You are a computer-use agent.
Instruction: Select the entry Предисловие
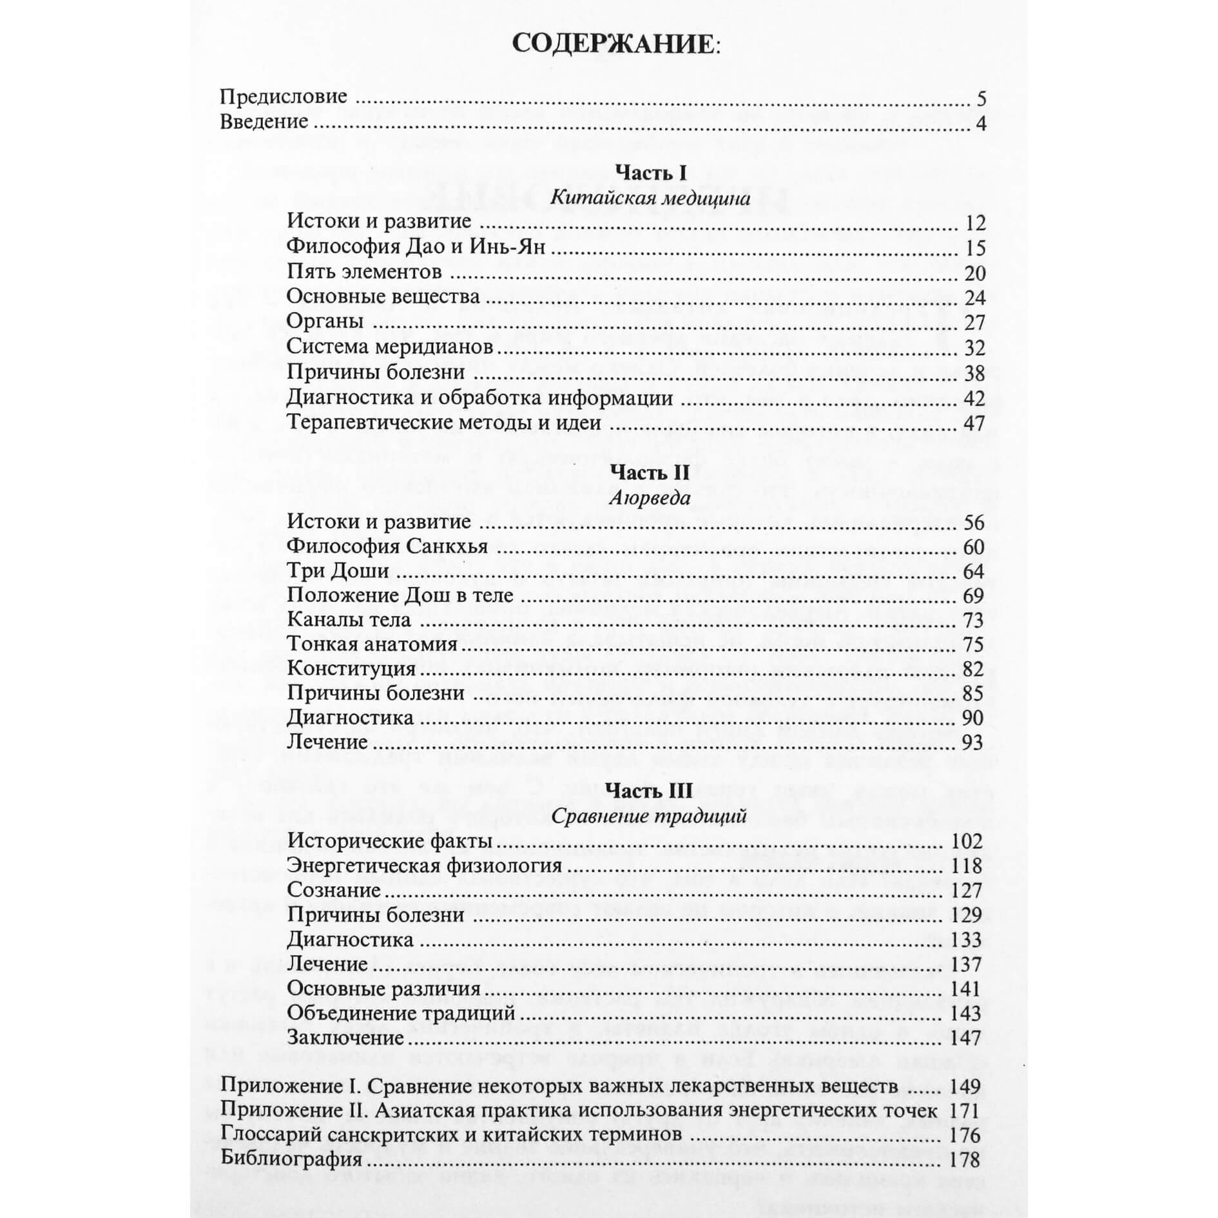coord(284,97)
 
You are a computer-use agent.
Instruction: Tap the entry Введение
coord(264,122)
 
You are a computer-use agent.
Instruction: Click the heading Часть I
coord(651,173)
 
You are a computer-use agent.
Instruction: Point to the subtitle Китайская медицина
coord(650,197)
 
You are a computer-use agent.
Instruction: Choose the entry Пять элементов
coord(364,272)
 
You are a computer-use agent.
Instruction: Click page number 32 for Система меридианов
coord(974,348)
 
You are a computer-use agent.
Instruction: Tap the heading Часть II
coord(650,473)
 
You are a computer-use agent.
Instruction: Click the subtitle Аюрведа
coord(650,498)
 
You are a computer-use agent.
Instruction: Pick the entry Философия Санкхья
coord(387,546)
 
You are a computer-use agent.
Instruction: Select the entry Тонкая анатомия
coord(372,644)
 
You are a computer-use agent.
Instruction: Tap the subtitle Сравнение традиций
coord(649,817)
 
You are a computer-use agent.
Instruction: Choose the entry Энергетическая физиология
coord(425,865)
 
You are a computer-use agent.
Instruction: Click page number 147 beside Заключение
coord(966,1038)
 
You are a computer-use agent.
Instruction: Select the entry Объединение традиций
coord(401,1013)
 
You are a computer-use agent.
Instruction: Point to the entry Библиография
coord(291,1159)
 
